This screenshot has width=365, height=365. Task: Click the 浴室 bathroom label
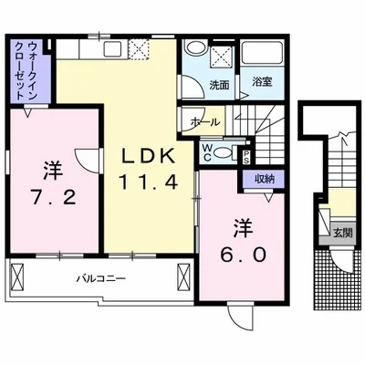coord(263,83)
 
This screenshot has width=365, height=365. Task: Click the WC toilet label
coord(206,151)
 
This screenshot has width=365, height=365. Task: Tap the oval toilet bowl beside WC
coord(229,152)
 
